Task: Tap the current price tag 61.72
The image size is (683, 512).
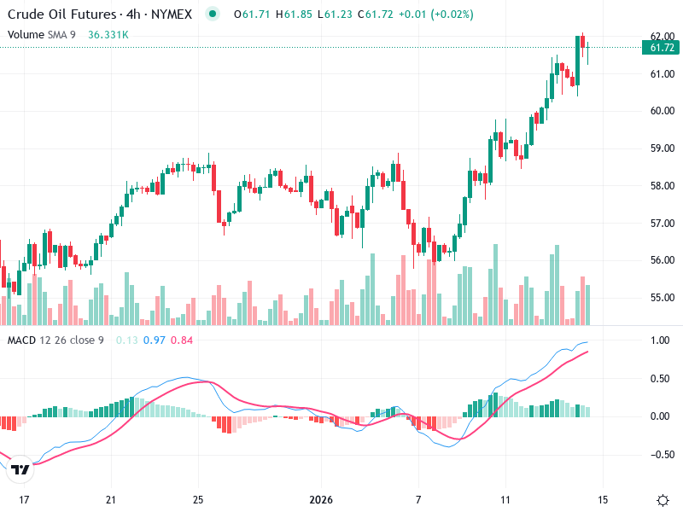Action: [x=663, y=48]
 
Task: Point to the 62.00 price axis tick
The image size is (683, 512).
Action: [x=663, y=36]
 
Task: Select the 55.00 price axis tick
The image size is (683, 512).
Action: [x=663, y=298]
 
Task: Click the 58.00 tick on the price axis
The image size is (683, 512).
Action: [x=663, y=186]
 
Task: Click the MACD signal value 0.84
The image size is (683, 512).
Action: [x=182, y=340]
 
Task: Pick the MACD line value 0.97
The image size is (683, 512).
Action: [x=155, y=340]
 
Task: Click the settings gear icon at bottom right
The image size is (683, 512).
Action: [x=663, y=500]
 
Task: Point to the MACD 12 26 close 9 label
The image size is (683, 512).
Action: [x=55, y=340]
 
